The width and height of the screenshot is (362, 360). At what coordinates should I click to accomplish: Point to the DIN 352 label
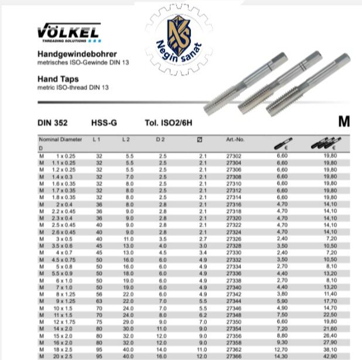pos(52,123)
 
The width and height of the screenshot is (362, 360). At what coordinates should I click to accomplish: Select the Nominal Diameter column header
pos(61,140)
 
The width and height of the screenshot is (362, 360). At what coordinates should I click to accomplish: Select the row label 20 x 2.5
pos(62,355)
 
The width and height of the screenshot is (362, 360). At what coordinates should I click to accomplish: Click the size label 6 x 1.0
pos(63,281)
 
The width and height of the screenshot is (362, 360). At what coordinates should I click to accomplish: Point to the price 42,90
pos(331,355)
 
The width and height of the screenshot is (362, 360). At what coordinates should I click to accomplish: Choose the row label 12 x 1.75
pos(62,323)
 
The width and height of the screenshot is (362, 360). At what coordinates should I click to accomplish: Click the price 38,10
pos(331,349)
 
